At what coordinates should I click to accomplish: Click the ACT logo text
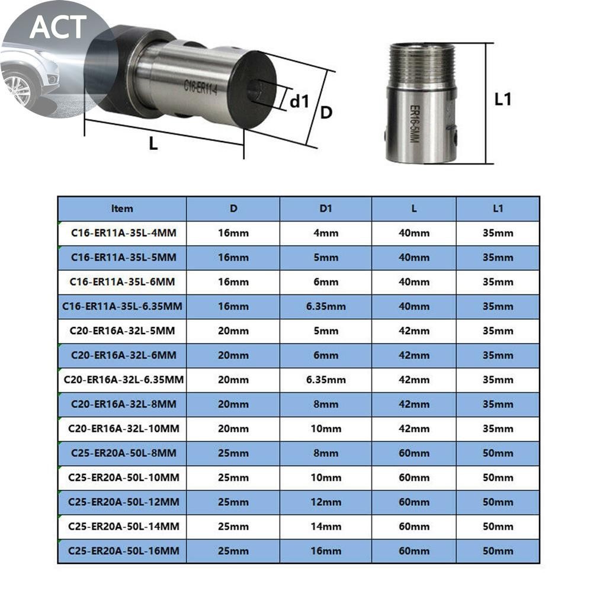[58, 27]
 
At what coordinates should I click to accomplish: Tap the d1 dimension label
[299, 101]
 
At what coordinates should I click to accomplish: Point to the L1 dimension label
[503, 99]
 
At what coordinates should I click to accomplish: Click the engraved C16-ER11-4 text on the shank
[200, 87]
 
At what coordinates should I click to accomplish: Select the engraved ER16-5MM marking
[415, 124]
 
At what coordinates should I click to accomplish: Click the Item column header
[122, 209]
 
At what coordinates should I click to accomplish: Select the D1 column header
[326, 209]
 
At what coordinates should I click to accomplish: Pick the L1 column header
[498, 209]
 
